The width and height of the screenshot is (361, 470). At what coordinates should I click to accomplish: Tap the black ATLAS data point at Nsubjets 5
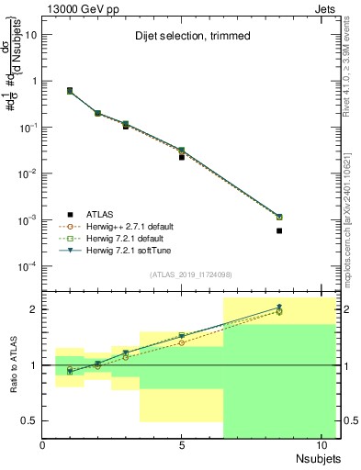click(182, 157)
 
